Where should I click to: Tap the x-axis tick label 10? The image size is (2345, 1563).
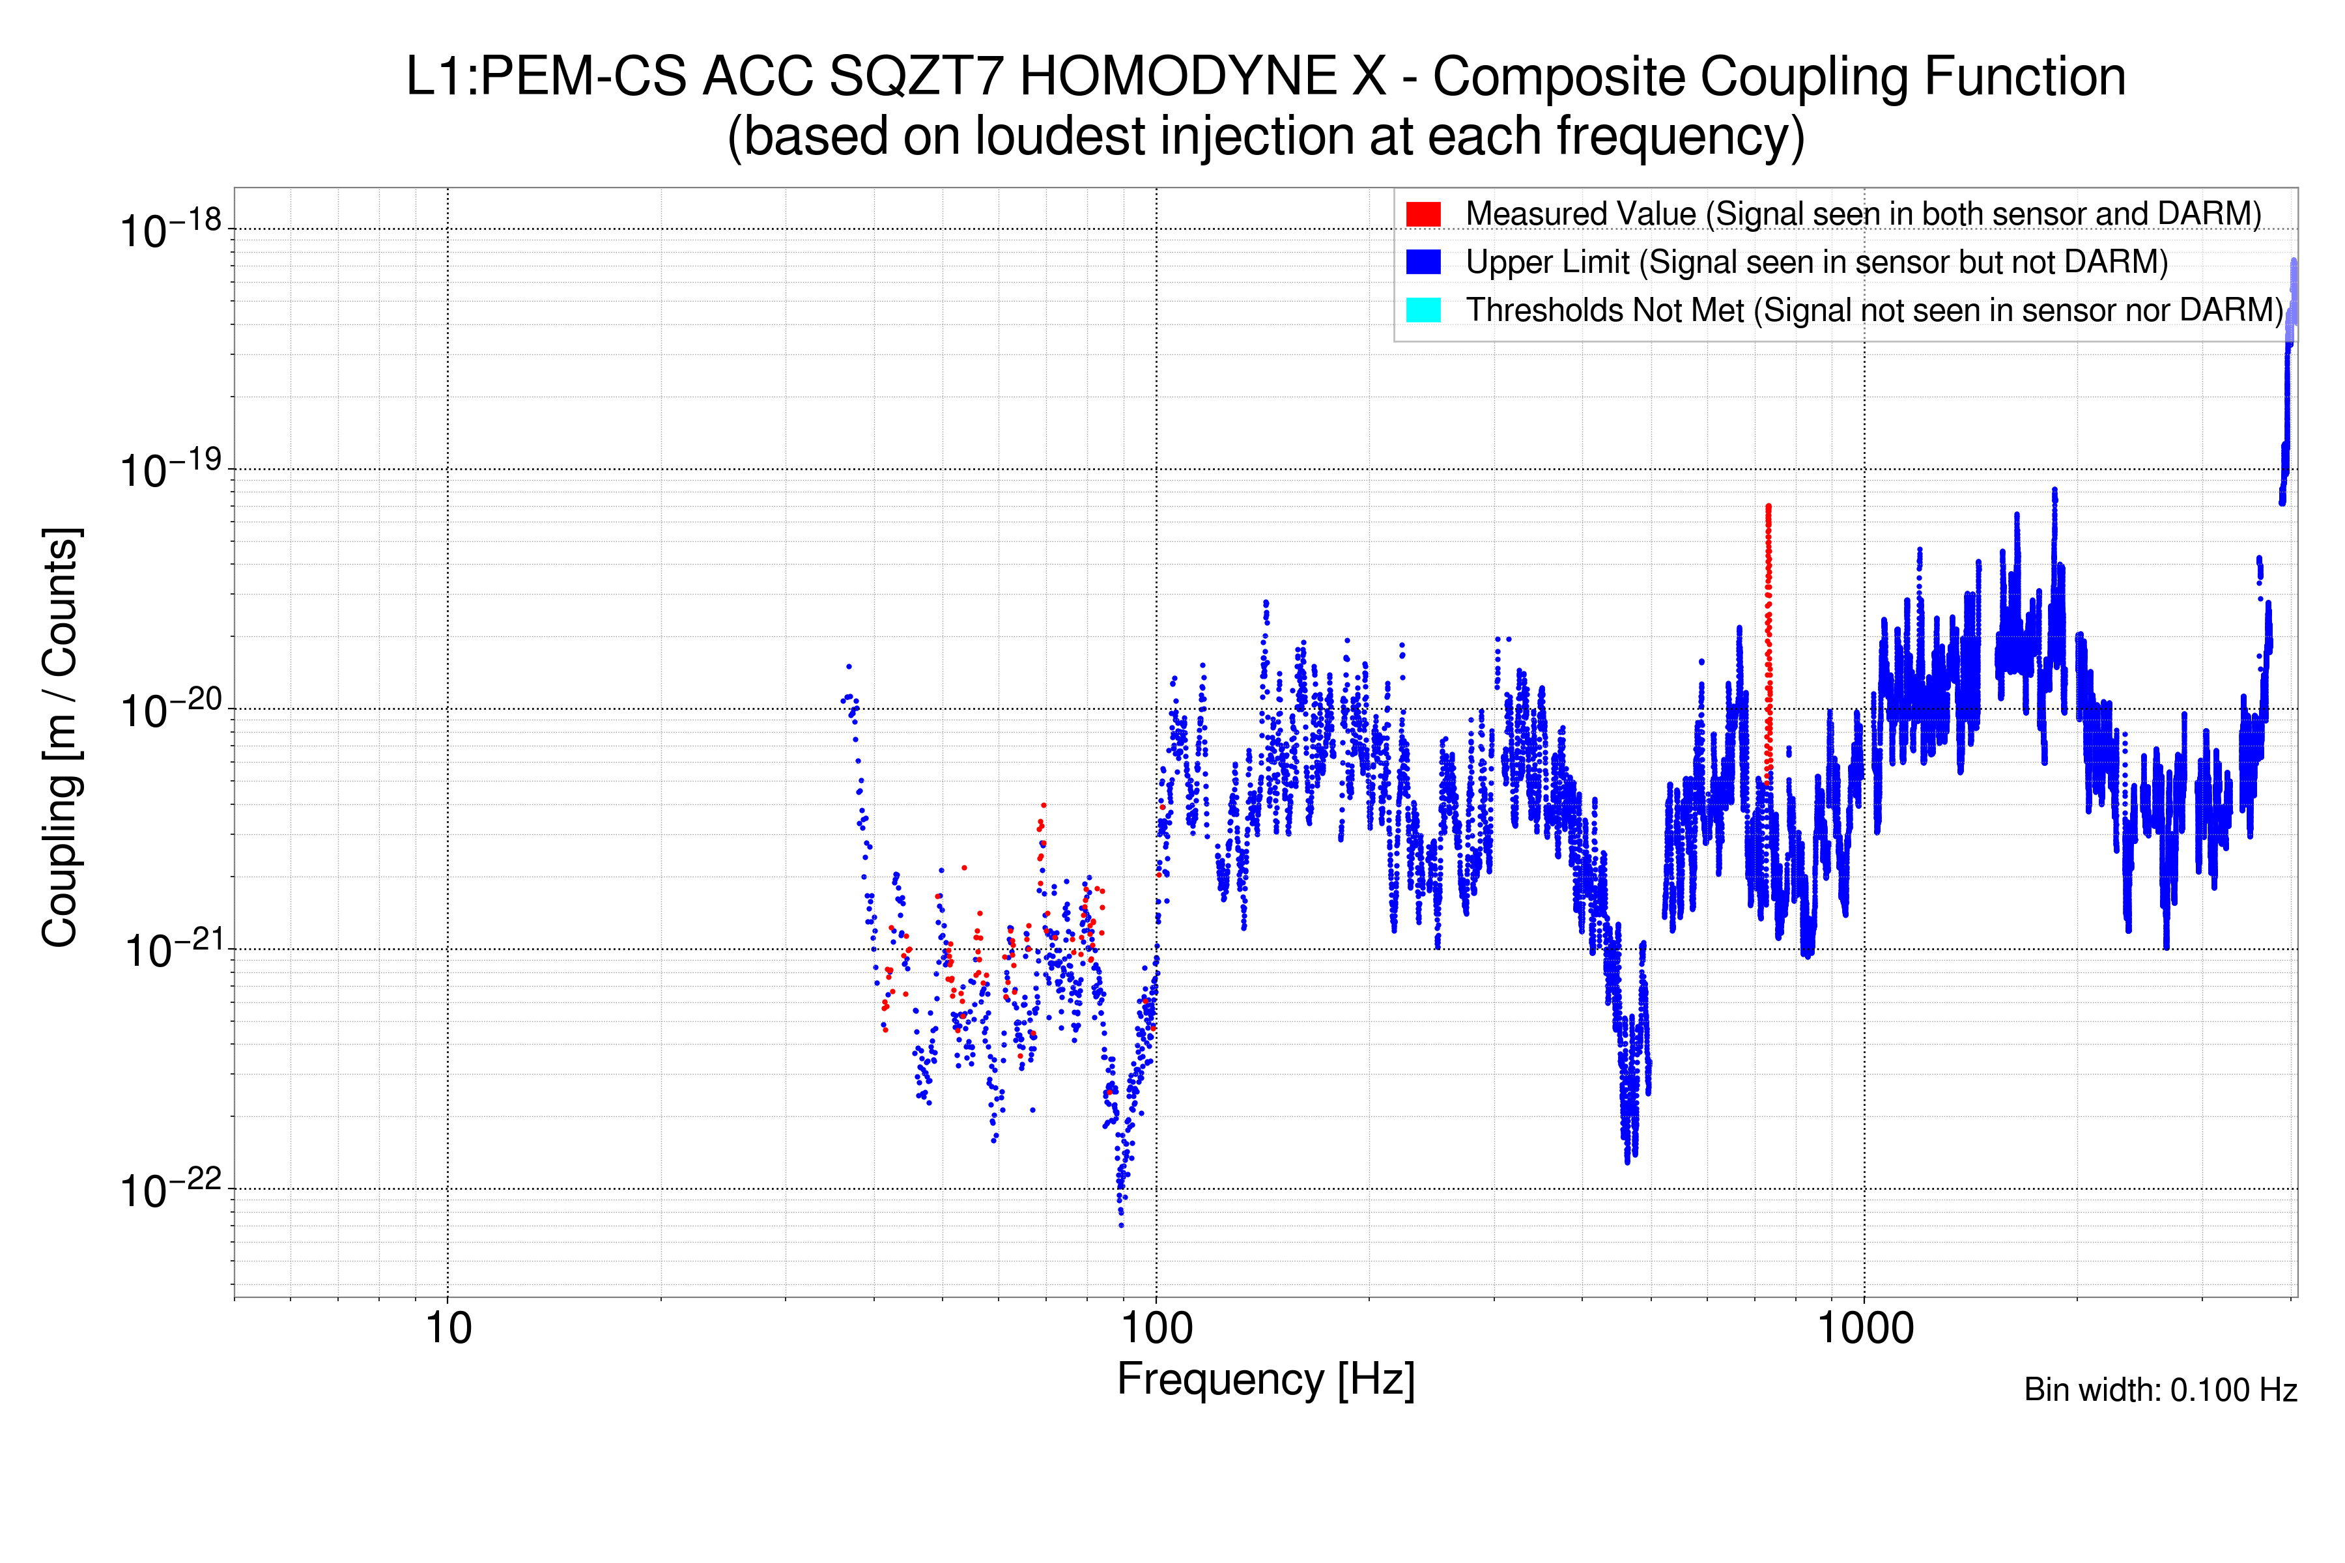(448, 1329)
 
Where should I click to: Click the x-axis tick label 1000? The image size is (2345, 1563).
(1864, 1329)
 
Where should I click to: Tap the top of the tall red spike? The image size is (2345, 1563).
(1768, 507)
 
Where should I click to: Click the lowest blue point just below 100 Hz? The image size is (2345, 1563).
(1122, 1225)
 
